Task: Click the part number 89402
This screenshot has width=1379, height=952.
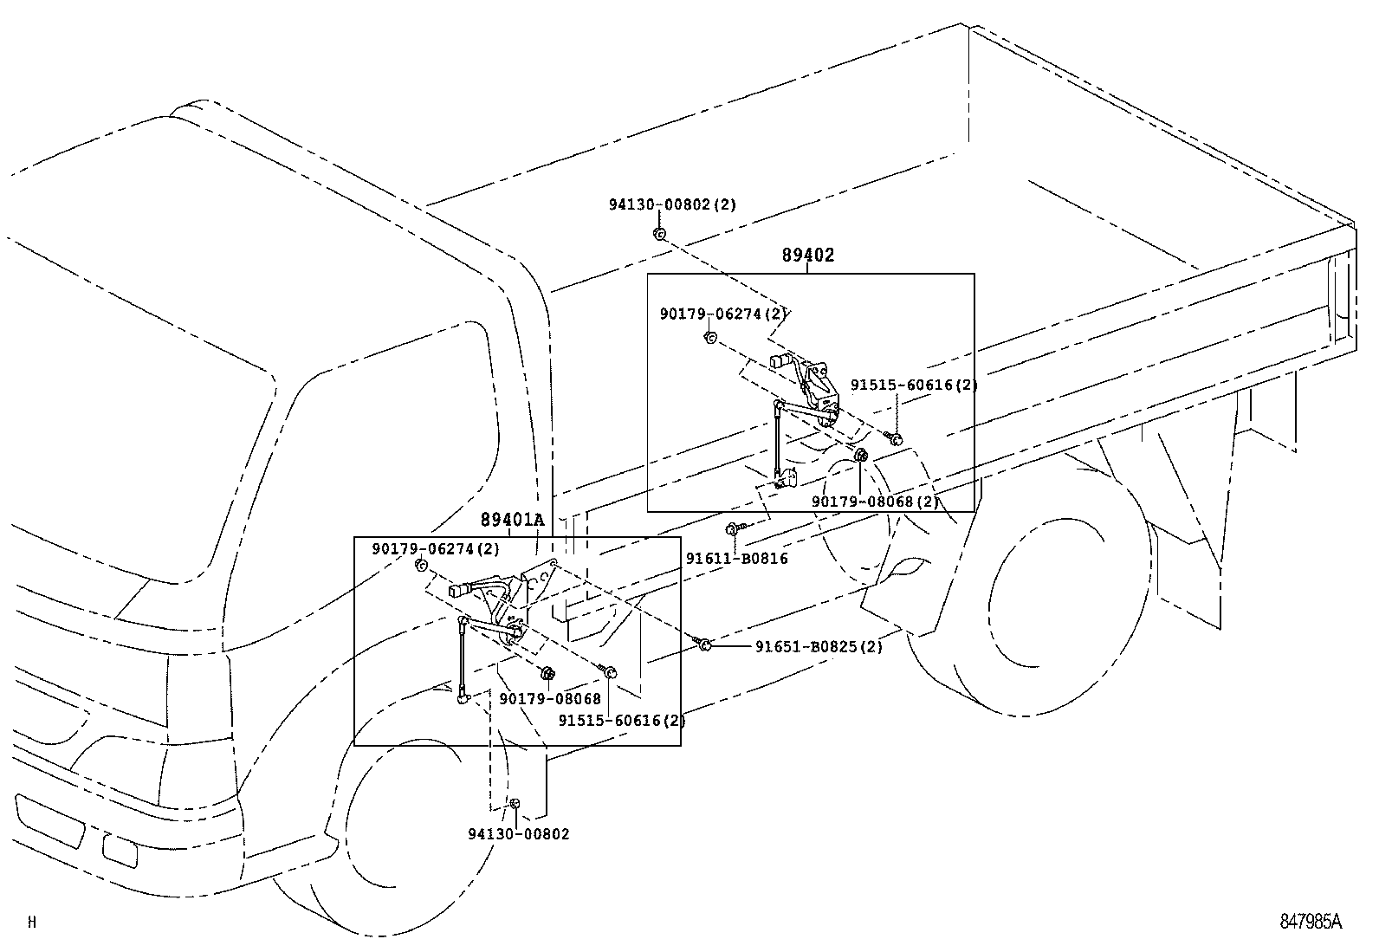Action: (807, 255)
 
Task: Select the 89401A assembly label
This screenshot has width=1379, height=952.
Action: (513, 519)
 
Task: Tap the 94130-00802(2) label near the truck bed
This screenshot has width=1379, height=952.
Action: (671, 205)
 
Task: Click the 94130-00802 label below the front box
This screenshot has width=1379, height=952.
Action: (519, 833)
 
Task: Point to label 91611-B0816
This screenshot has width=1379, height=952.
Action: (736, 559)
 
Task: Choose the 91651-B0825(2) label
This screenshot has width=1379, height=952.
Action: (819, 646)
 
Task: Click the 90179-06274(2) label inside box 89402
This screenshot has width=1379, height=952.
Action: (722, 314)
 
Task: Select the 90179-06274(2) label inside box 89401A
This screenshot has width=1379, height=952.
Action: (436, 549)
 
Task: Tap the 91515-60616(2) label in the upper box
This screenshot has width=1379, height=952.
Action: (913, 385)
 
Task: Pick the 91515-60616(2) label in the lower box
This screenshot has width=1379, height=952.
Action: (621, 720)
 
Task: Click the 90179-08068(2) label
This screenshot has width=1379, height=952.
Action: (875, 502)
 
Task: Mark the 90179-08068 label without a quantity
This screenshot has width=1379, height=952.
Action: (549, 698)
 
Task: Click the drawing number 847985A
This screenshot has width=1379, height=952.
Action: (1311, 922)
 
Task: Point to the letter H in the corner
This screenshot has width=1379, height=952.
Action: (32, 922)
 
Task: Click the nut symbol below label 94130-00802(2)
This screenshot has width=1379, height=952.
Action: (658, 234)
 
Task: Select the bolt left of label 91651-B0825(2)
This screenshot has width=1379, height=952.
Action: (705, 644)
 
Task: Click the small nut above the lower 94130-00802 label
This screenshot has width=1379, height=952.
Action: (515, 805)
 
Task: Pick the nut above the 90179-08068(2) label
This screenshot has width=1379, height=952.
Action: (861, 457)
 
